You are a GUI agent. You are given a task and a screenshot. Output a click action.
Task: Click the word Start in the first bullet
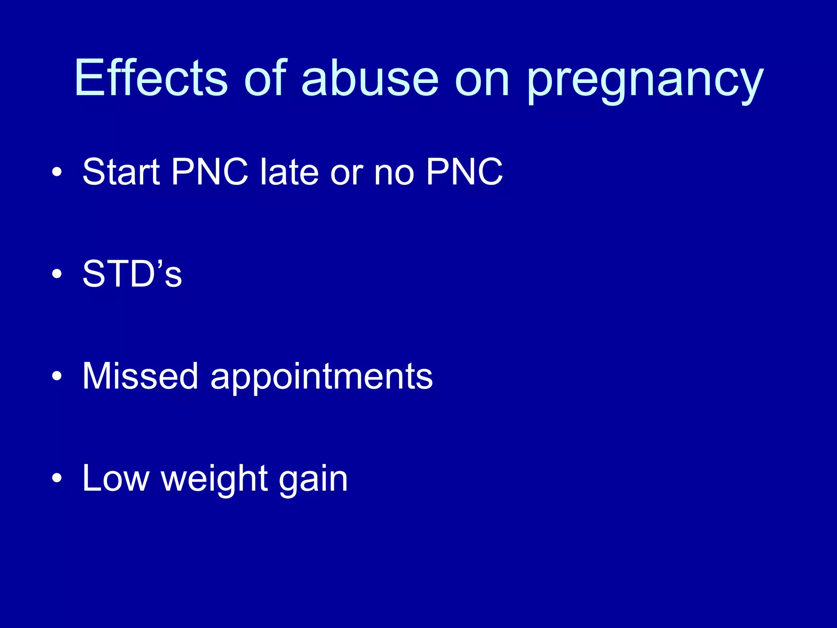tap(121, 172)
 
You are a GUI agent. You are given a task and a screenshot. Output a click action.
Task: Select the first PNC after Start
tap(210, 172)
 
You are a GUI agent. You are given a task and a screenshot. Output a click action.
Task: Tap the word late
tap(289, 172)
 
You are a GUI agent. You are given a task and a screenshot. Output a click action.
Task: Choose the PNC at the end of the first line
tap(464, 172)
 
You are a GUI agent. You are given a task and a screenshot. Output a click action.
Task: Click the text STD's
tap(132, 274)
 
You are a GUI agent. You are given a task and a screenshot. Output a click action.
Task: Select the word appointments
tap(321, 378)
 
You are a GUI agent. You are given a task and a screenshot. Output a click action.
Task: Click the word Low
tap(116, 478)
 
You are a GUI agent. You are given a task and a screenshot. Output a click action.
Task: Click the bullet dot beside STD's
tap(57, 274)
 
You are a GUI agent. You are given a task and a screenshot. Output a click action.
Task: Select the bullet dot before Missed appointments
tap(57, 376)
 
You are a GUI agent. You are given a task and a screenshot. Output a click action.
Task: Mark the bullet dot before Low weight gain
tap(57, 478)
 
